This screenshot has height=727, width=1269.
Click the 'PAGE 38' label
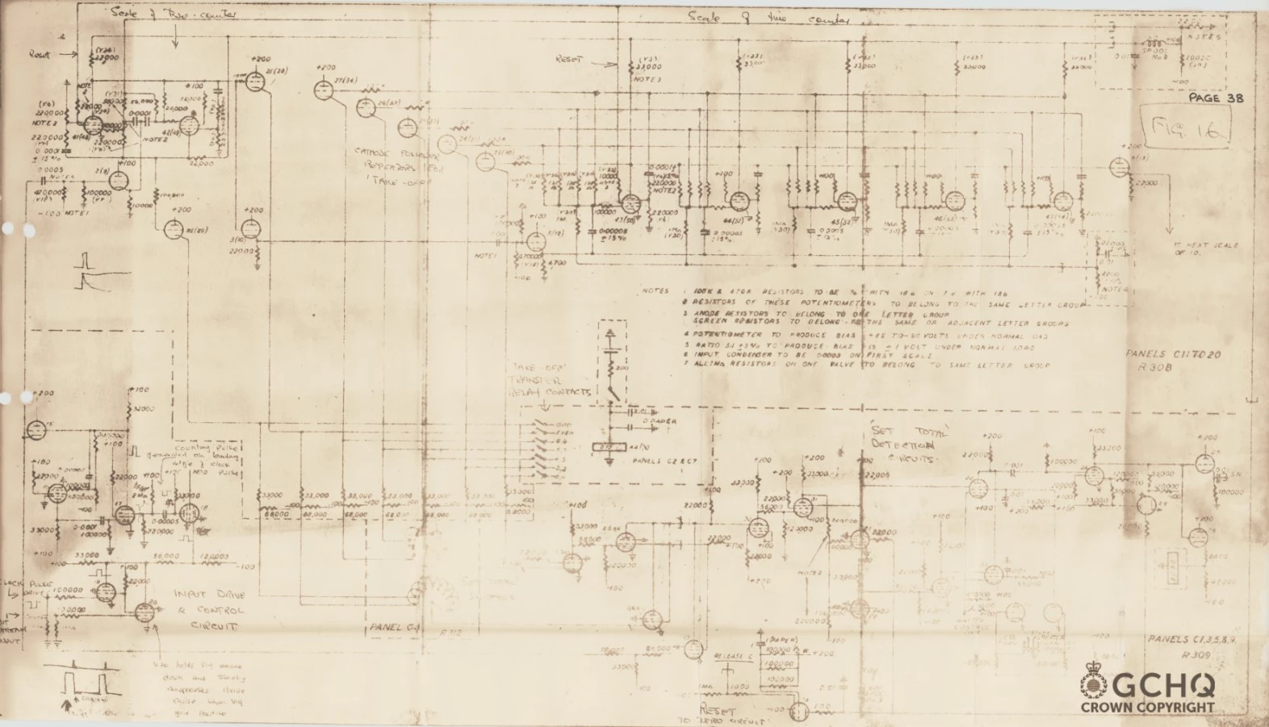tap(1216, 98)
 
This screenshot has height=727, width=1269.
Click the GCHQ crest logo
tap(1094, 687)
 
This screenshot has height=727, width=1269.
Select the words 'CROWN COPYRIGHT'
tap(1147, 708)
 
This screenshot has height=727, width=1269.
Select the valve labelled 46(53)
tap(954, 200)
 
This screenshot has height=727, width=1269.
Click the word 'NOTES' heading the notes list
tap(655, 291)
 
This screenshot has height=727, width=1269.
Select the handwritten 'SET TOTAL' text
tap(909, 432)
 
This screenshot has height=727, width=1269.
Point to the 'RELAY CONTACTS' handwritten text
tap(549, 393)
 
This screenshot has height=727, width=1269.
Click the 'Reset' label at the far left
tap(39, 55)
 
